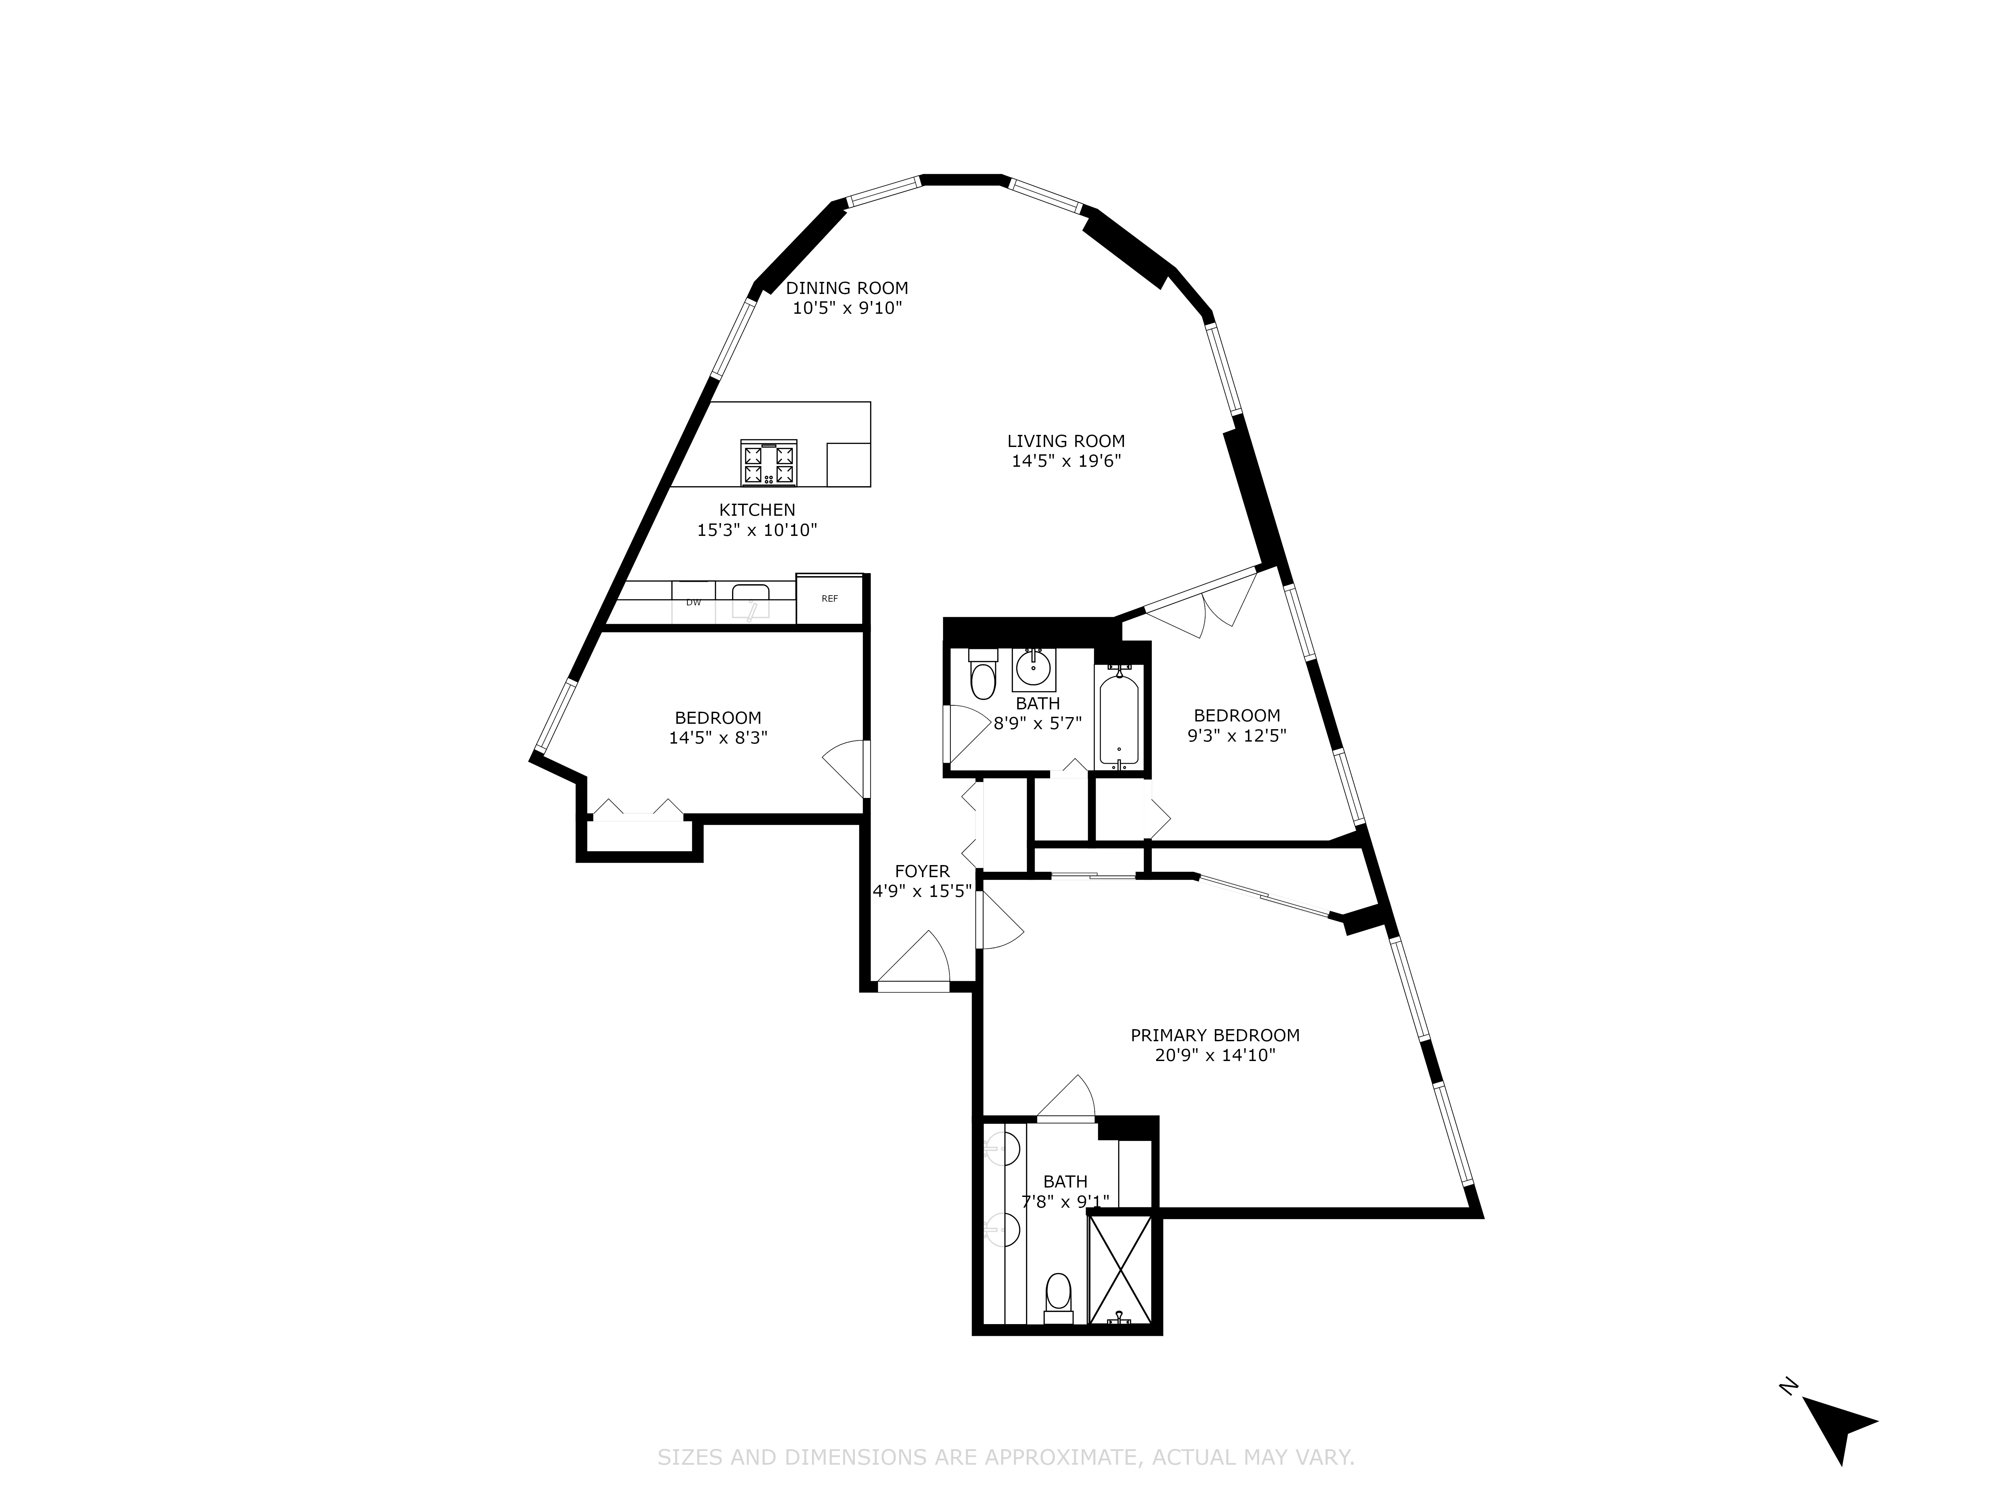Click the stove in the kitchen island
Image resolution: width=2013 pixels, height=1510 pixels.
pos(769,463)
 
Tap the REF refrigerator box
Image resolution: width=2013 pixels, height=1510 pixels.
pos(829,599)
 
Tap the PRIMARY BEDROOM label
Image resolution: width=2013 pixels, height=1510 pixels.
pos(1215,1035)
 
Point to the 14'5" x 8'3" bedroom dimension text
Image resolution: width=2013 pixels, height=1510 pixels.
pos(718,738)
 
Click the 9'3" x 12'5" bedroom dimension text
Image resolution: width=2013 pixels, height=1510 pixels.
pos(1237,736)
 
